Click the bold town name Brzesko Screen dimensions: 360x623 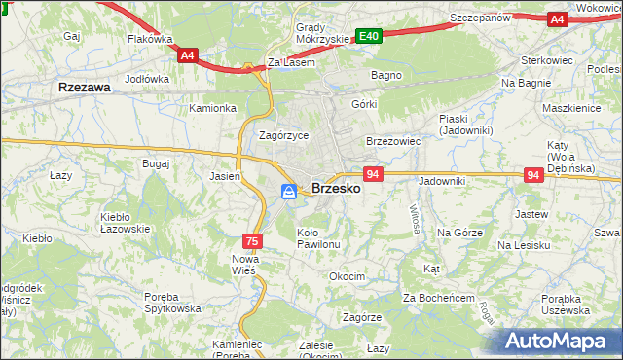[336, 190]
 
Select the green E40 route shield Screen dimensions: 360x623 [367, 36]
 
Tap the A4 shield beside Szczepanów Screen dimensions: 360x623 [557, 18]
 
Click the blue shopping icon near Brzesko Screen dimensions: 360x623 [289, 192]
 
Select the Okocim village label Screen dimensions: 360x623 [347, 276]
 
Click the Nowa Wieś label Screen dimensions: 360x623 [243, 264]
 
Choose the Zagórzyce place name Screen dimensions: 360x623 [283, 136]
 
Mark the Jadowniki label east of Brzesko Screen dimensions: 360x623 [443, 181]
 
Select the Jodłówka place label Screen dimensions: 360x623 [148, 78]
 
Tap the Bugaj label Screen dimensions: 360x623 [156, 164]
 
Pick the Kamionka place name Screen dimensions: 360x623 [213, 108]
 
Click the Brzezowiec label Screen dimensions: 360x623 [392, 141]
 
